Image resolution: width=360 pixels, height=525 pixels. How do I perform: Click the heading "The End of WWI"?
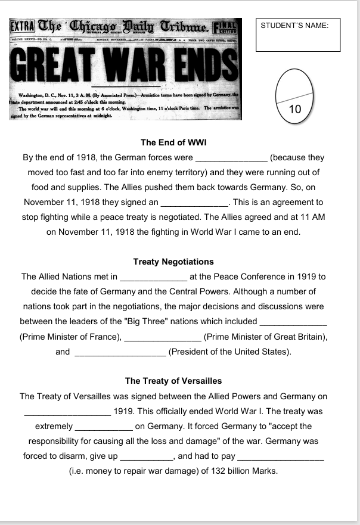point(173,142)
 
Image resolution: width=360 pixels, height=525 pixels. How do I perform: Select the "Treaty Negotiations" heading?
point(173,262)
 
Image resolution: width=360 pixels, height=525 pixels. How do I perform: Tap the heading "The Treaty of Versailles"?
point(173,381)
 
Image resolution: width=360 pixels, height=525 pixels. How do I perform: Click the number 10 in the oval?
point(294,109)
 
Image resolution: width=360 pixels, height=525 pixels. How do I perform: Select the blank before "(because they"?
point(231,158)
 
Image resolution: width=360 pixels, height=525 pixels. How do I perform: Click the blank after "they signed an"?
point(195,203)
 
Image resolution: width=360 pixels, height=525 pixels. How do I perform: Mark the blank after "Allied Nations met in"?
point(154,277)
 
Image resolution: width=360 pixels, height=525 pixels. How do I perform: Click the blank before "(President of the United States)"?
point(120,352)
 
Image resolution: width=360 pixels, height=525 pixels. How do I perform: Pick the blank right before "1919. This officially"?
point(67,411)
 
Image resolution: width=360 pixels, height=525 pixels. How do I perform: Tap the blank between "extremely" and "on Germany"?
point(104,426)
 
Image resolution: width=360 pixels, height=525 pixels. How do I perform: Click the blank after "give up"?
point(147,456)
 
